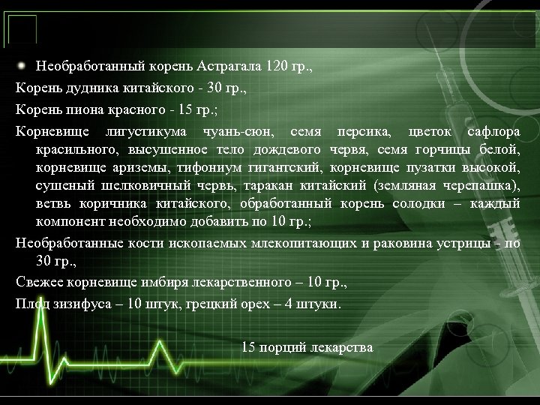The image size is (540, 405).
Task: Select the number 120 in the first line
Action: click(275, 65)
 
